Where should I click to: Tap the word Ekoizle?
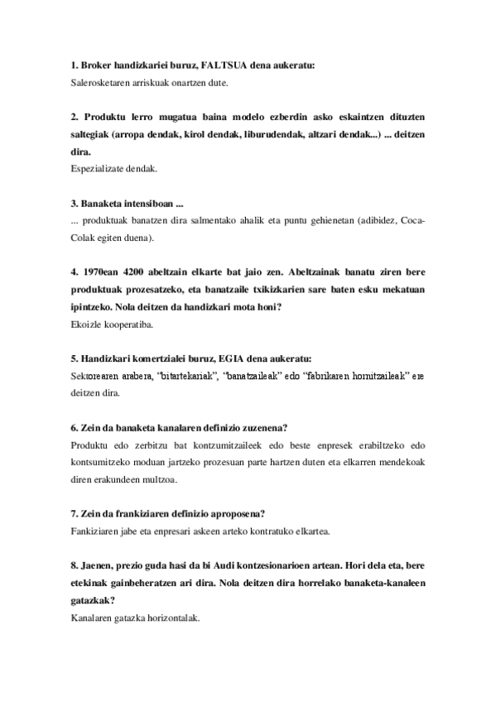(x=88, y=325)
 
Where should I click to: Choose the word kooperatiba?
(x=132, y=325)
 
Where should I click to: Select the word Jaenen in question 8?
(x=96, y=567)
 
